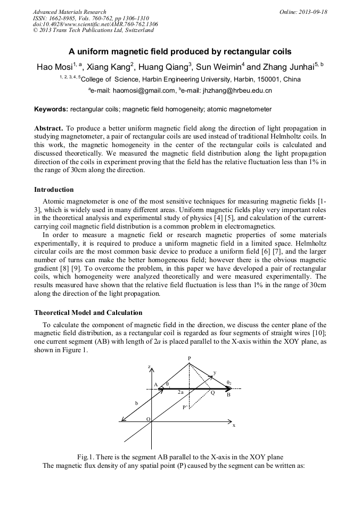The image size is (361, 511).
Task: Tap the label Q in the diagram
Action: click(212, 393)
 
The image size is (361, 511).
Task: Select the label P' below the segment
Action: click(185, 407)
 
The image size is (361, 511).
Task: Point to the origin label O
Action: click(148, 419)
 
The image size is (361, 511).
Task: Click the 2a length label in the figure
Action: click(180, 393)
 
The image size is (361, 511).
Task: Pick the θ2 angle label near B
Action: click(229, 382)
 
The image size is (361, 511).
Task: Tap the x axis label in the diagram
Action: click(234, 426)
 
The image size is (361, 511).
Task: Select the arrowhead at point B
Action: click(227, 389)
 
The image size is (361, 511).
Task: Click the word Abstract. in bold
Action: click(48, 128)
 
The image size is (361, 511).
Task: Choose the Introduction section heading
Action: click(54, 190)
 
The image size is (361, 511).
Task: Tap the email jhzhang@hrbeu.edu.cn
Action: click(227, 91)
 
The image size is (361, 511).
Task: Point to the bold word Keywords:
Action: click(51, 109)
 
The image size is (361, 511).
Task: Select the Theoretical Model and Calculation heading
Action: click(88, 312)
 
